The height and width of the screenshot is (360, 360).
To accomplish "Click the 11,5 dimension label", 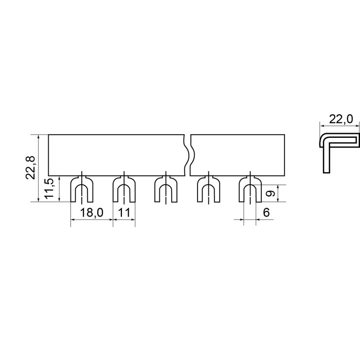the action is pyautogui.click(x=49, y=188).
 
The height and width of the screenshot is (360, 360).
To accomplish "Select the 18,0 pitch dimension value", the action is pyautogui.click(x=92, y=212).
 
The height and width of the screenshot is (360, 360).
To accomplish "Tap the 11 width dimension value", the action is pyautogui.click(x=124, y=212).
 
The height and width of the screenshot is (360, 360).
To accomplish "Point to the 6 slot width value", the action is pyautogui.click(x=266, y=212).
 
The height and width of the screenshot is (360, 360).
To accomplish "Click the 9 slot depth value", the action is pyautogui.click(x=271, y=193).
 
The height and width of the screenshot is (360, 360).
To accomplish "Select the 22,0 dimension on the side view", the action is pyautogui.click(x=340, y=119).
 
